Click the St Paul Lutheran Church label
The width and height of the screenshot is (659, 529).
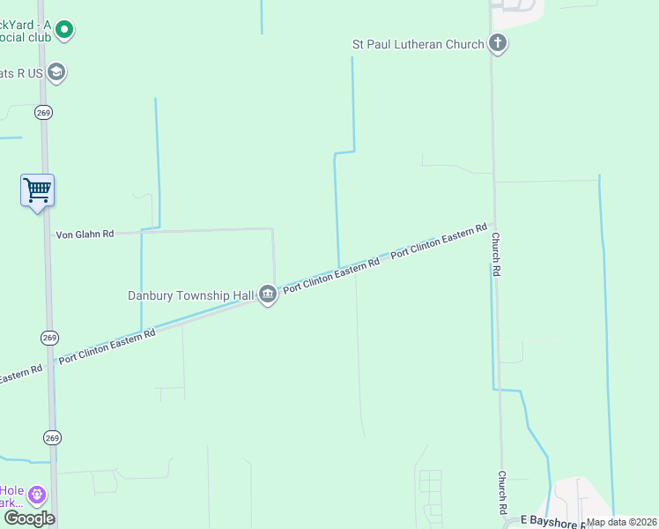tap(417, 44)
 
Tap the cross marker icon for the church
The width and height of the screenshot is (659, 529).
tap(498, 43)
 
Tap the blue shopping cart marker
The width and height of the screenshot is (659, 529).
tap(38, 190)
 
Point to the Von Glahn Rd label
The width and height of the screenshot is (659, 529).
tap(85, 235)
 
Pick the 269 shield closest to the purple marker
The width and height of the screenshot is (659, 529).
tap(52, 437)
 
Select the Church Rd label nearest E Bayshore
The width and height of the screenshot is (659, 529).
tap(501, 492)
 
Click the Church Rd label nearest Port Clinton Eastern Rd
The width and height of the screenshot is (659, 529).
tap(496, 255)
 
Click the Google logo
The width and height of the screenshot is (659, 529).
tap(28, 518)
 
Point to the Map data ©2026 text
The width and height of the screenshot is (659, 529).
tap(621, 522)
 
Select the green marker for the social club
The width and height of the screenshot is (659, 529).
tap(63, 31)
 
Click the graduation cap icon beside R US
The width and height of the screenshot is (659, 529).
tap(57, 72)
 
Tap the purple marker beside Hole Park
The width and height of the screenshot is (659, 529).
tap(36, 495)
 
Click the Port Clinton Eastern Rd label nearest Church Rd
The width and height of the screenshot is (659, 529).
tap(439, 241)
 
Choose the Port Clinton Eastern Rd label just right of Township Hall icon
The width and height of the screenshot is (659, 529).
tap(330, 274)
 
